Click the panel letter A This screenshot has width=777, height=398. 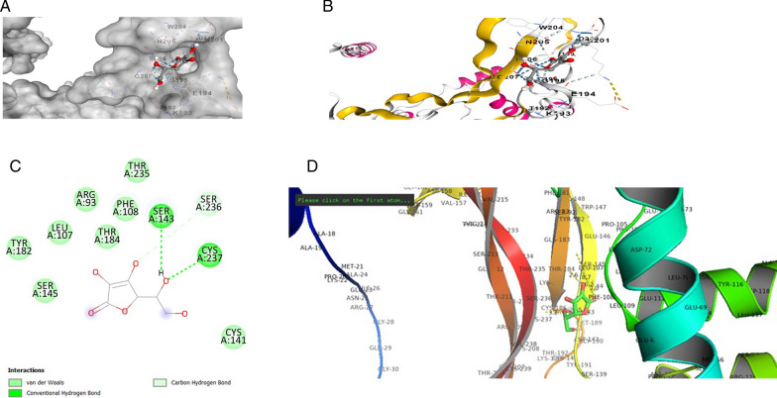coord(10,8)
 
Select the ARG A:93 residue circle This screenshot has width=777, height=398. coord(86,199)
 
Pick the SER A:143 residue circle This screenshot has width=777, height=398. coord(161,215)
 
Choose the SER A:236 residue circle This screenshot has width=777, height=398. coord(210,204)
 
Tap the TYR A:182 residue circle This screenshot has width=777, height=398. coord(19,248)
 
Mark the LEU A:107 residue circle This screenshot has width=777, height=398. coord(61,232)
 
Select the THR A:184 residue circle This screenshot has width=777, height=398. coord(106,236)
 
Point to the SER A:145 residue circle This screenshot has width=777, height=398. coord(46,290)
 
